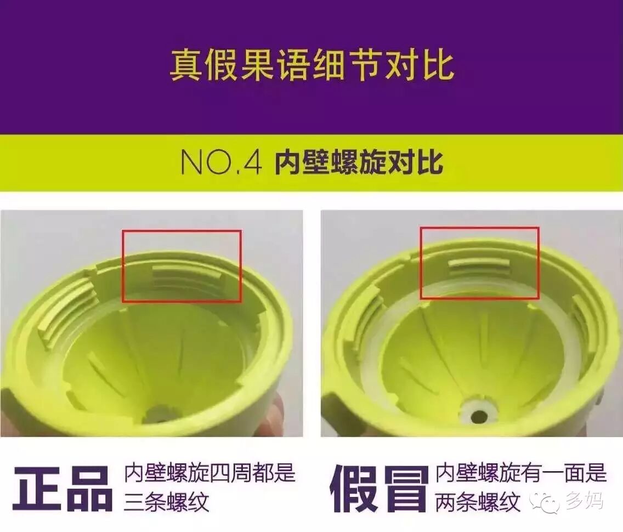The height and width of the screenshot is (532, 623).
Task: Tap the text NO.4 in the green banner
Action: tap(222, 162)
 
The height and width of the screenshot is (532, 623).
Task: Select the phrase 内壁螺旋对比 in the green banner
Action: tap(359, 162)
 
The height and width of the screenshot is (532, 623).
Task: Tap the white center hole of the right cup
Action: tap(479, 416)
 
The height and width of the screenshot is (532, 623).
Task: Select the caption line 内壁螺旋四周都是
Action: tap(210, 474)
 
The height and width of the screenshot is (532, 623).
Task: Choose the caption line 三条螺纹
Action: tap(167, 502)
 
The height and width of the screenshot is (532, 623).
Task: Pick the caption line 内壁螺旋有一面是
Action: tap(522, 474)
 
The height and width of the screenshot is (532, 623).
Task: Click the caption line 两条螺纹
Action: tap(478, 502)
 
